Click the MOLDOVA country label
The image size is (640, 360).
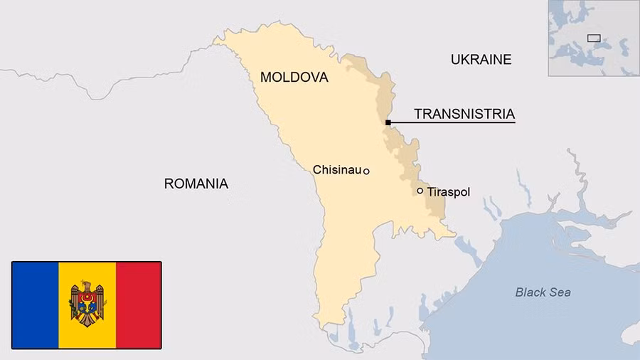coord(294,78)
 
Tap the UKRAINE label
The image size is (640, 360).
coord(481,60)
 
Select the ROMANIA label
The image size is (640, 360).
coord(196,184)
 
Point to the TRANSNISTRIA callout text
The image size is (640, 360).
coord(464,114)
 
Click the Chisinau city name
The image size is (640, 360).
coord(337,170)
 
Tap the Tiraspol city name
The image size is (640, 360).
coord(448,192)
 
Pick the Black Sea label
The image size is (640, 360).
coord(543,292)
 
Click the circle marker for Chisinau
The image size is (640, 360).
coord(366,171)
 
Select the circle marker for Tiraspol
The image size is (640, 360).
coord(420,191)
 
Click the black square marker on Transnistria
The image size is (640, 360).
coord(388,123)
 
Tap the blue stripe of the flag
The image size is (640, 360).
coord(35,305)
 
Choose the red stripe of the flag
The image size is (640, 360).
coord(138,305)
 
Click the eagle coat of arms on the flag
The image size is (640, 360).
coord(86,303)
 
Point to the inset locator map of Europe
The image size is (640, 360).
coord(593,38)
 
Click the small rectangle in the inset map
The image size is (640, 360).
coord(594,38)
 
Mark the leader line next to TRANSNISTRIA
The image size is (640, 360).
coord(452,123)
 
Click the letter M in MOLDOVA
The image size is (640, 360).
coord(266,78)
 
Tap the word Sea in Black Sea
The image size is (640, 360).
coord(560,292)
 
